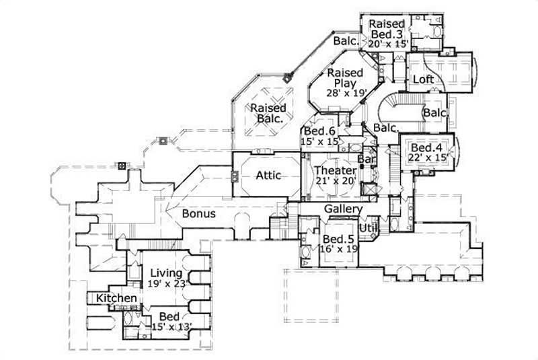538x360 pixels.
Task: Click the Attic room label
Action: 268,175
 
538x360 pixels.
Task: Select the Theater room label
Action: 336,170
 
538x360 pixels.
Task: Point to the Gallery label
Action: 344,209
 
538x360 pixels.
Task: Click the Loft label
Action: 423,79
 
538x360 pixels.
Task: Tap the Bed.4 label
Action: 426,147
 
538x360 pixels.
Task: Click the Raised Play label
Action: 345,77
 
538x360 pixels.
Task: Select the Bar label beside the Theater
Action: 366,159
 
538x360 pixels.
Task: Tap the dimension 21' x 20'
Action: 336,182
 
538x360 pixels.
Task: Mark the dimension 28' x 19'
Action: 345,94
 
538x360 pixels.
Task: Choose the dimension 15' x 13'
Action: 171,327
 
